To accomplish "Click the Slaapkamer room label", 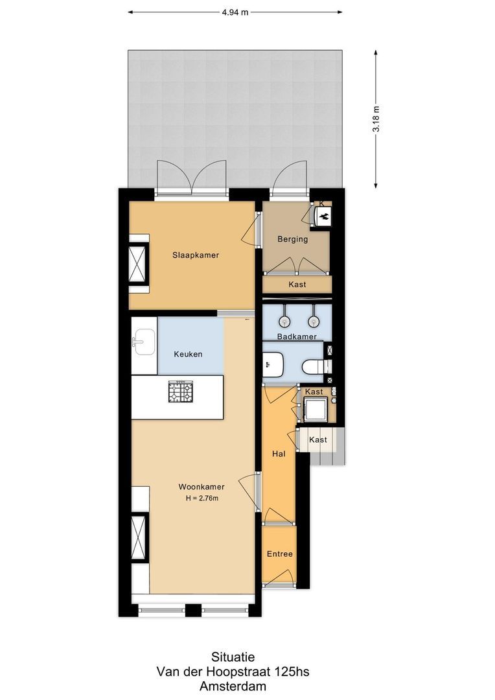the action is (x=196, y=255).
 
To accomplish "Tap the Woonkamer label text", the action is (x=201, y=487).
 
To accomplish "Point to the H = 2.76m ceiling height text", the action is (x=202, y=498).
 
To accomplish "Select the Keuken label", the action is (x=188, y=355).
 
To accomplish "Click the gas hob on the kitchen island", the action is (x=180, y=391).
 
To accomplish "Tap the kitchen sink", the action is (x=144, y=342).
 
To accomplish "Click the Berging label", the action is (x=293, y=239).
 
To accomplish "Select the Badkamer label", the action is (x=297, y=336).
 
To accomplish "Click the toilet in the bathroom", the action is (x=316, y=367).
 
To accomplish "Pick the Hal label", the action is (x=279, y=454).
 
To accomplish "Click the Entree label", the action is (x=280, y=554).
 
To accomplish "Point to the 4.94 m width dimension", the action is (x=235, y=12).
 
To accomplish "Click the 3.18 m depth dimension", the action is (x=376, y=119).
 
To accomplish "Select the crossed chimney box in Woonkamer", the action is (x=138, y=537).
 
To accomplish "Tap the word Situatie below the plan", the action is (x=233, y=657).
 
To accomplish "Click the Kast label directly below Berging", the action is (x=297, y=285).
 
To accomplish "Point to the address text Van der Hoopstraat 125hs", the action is (x=233, y=671).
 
